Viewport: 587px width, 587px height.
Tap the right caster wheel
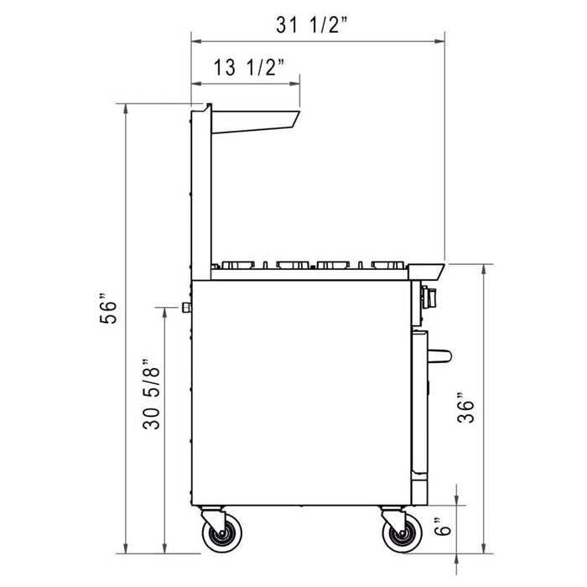click(x=397, y=534)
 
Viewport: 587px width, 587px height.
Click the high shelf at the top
click(x=256, y=120)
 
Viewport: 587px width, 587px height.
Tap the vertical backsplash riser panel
click(x=202, y=193)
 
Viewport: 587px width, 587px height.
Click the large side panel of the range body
click(x=302, y=394)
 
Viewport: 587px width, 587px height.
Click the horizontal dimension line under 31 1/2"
click(x=318, y=39)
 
